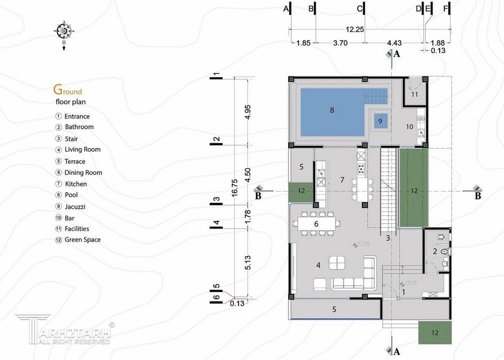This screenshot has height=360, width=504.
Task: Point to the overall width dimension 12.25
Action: tap(355, 29)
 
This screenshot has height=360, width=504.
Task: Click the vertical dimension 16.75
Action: tap(234, 188)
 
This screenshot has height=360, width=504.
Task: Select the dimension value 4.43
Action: tap(394, 43)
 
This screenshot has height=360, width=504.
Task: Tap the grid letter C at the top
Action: tap(360, 8)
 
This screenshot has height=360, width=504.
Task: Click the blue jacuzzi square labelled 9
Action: tap(380, 121)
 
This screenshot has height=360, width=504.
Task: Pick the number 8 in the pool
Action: tap(332, 110)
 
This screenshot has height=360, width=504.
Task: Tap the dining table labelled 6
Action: tap(317, 223)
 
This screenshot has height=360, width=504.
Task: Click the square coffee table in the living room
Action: tap(337, 263)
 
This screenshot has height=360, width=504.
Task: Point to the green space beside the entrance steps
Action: tap(435, 332)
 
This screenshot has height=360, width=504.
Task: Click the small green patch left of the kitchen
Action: tap(301, 191)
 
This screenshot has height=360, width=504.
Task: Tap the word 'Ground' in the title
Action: tap(68, 90)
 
